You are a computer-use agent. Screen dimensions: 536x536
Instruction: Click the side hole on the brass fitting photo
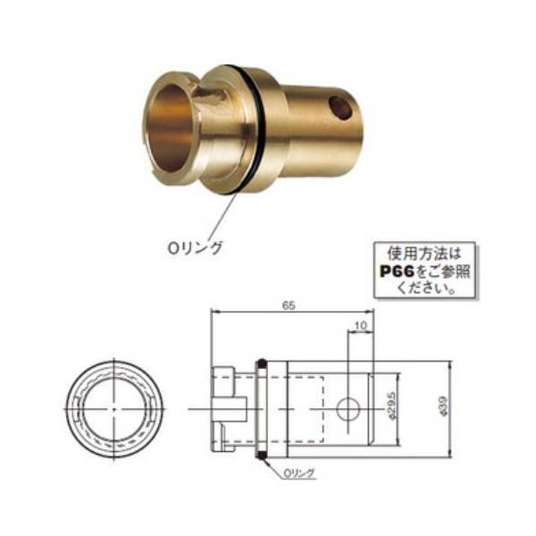pyautogui.click(x=340, y=108)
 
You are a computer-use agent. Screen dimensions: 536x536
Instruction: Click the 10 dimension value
pyautogui.click(x=360, y=326)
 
